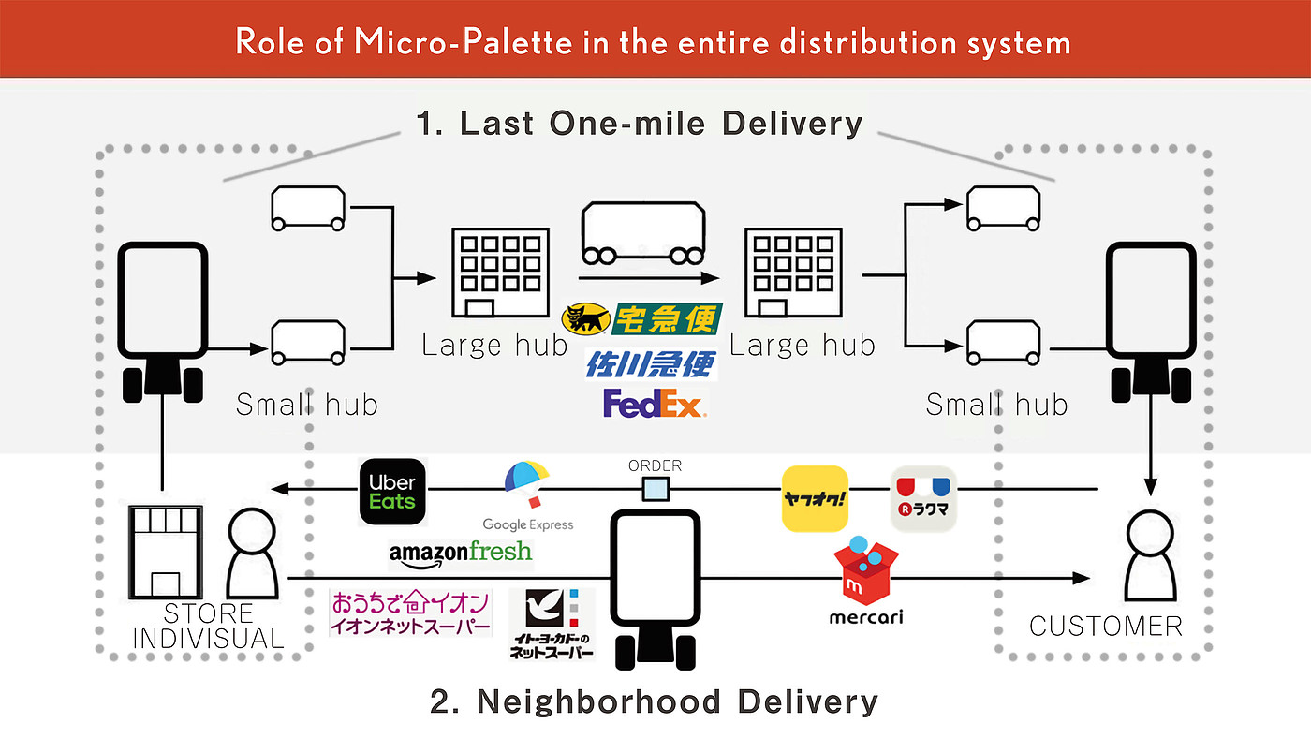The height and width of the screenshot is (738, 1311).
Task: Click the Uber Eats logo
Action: click(x=392, y=491)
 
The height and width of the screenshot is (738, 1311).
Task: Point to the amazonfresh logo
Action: click(x=460, y=553)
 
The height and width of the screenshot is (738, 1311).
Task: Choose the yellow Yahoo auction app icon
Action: click(x=815, y=498)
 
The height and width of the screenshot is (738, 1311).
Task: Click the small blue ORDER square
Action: click(x=655, y=489)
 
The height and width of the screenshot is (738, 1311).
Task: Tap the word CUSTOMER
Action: click(x=1106, y=626)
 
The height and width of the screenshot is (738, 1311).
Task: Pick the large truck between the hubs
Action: click(x=642, y=234)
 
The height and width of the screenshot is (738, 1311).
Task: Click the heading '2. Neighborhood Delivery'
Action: click(x=655, y=701)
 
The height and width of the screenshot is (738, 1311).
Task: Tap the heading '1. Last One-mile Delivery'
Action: click(x=640, y=124)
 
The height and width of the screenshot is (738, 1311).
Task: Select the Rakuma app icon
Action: click(x=923, y=498)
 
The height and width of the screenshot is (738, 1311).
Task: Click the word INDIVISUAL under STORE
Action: click(x=208, y=639)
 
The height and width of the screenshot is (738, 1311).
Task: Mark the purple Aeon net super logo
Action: click(x=411, y=613)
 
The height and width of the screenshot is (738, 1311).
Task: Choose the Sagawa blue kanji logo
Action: click(x=652, y=363)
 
